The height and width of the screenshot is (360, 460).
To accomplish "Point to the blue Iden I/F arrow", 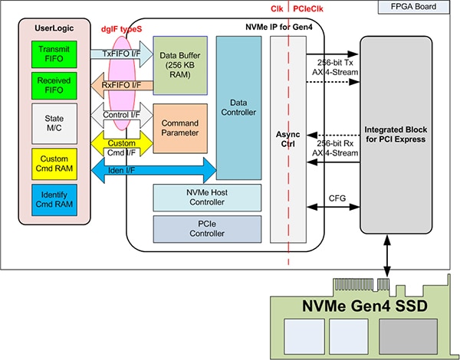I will (x=153, y=169).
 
